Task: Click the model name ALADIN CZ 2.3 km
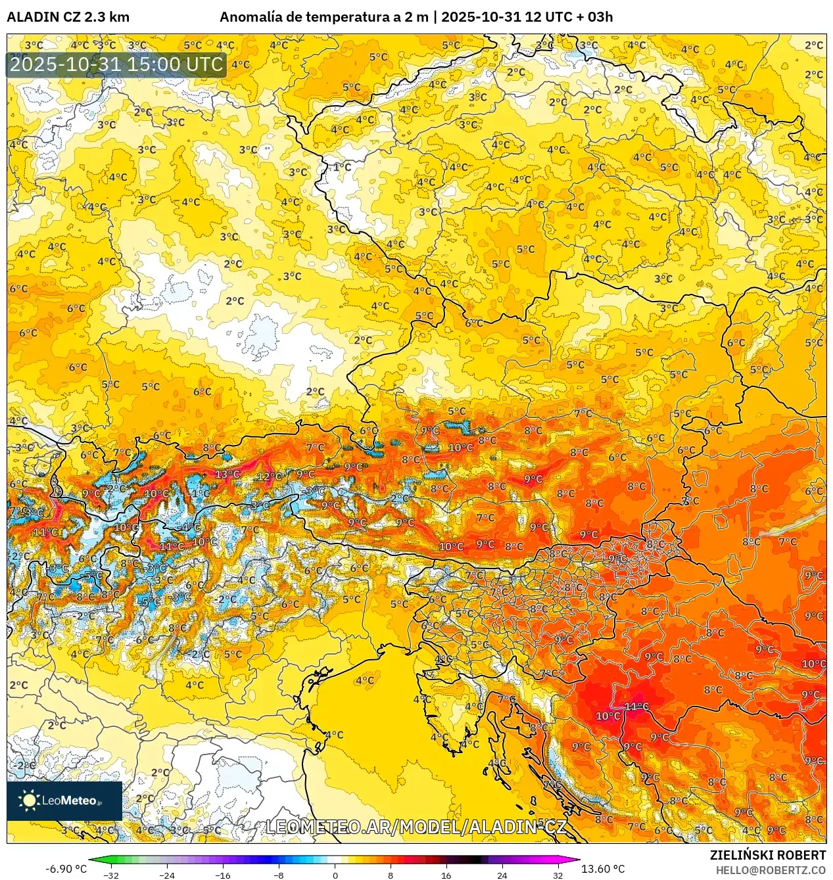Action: coord(68,17)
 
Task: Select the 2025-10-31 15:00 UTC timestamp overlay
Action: coord(116,64)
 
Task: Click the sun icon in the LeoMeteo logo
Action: coord(29,800)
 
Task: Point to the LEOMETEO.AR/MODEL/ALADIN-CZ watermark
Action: coord(416,827)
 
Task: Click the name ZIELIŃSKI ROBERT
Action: coord(767,855)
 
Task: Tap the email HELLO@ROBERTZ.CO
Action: coord(771,870)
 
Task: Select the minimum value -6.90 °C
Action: coord(66,869)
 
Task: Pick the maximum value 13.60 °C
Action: coord(603,869)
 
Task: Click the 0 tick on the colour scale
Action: coord(335,875)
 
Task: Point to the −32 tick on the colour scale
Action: coord(111,875)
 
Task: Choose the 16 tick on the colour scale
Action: coord(446,875)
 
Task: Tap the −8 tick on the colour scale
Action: coord(279,875)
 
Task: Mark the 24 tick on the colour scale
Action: coord(502,875)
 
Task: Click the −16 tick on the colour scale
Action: coord(223,875)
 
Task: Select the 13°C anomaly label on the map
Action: coord(227,474)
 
